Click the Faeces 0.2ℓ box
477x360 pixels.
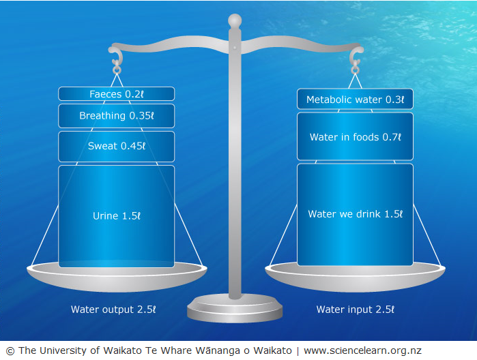[116, 94]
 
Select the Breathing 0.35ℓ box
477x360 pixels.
[116, 116]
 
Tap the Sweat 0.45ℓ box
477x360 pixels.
[116, 146]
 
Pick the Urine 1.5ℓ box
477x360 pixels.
[116, 215]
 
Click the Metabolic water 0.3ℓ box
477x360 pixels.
[355, 100]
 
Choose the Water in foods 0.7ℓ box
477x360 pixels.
[355, 137]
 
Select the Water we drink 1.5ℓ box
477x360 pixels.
[355, 214]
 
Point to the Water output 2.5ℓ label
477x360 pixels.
[113, 310]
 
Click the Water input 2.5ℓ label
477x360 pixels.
[355, 310]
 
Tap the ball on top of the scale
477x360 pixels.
[235, 20]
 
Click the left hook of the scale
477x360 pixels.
[116, 55]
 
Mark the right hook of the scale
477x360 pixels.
[355, 55]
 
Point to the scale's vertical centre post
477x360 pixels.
[235, 170]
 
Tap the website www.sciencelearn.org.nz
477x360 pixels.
[362, 350]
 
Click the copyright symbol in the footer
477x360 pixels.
[10, 350]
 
